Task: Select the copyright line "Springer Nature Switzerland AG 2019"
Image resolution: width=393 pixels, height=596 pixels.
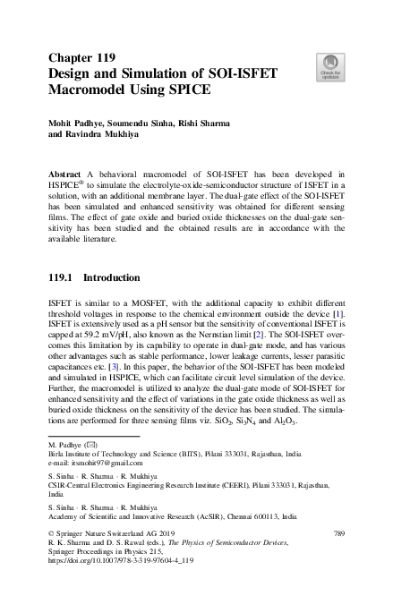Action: coord(107,534)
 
